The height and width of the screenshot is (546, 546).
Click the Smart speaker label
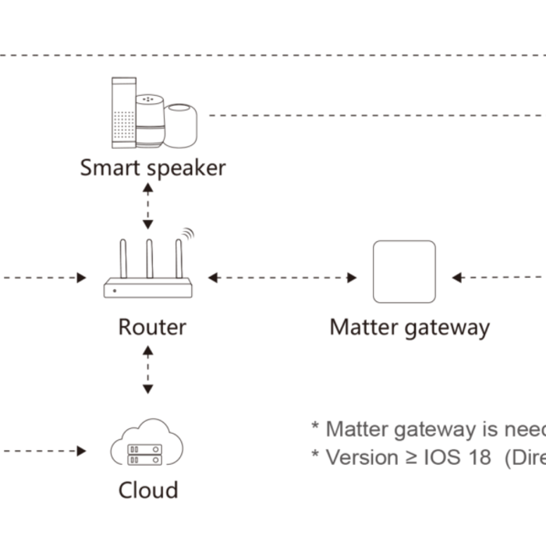coord(153,168)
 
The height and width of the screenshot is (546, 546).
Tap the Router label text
coord(152,326)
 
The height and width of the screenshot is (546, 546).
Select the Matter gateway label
coord(409,326)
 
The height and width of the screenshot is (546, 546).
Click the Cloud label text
coord(148,490)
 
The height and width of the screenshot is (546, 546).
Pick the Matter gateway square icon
coord(404,271)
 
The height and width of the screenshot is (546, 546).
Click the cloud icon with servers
coord(147,444)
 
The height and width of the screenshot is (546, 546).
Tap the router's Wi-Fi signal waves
coord(187,233)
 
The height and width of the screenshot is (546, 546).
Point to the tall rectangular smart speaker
coord(123,112)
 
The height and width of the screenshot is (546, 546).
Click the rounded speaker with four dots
coord(150,120)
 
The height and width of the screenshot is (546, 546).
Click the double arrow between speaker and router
coord(148,204)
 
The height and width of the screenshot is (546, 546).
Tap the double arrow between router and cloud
coord(148,370)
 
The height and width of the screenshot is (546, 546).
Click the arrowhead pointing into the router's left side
coord(81,278)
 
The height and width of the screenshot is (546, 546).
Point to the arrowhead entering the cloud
coord(81,451)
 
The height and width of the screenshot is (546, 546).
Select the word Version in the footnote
coord(362,457)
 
